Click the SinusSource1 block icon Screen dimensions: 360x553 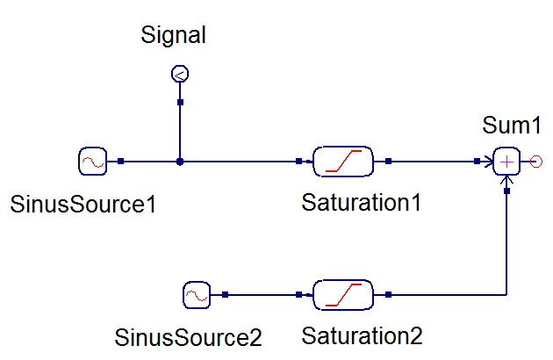92,162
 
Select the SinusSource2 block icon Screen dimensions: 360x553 197,295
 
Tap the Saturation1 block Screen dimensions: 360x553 343,162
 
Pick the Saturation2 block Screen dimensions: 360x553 343,295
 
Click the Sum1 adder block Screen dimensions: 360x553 507,162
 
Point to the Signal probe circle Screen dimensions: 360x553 180,75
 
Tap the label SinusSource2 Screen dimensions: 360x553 189,336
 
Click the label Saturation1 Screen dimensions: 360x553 362,204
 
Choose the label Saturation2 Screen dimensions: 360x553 362,336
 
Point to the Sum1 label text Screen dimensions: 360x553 507,126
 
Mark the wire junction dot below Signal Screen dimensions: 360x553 180,162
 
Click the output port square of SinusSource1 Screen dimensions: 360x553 121,162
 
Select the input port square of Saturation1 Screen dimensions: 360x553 299,162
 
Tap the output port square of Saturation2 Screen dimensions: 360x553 388,295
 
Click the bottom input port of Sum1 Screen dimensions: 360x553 507,190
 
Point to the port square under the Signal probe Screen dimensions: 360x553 180,103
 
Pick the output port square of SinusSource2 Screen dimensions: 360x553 226,295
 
